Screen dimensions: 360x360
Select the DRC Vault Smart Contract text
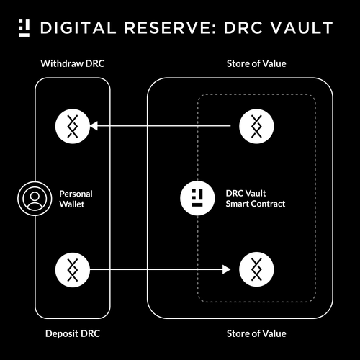tap(256, 199)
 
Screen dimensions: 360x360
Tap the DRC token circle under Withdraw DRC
tap(72, 127)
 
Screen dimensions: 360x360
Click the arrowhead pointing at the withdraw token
tap(94, 127)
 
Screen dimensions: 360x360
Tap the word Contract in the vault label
tap(269, 204)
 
